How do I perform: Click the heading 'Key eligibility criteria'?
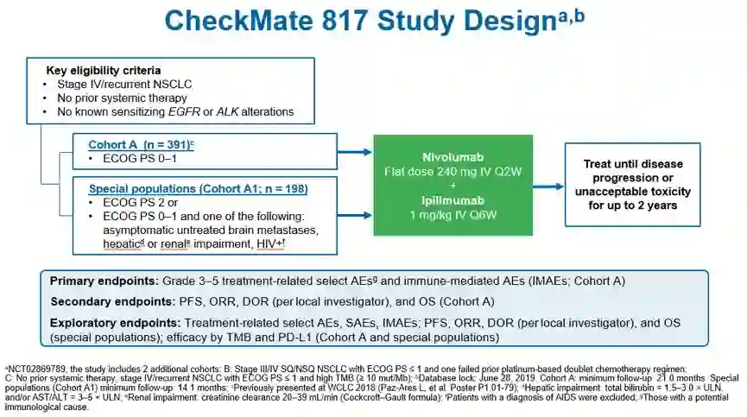104,69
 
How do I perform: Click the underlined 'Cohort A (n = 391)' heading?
140,145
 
